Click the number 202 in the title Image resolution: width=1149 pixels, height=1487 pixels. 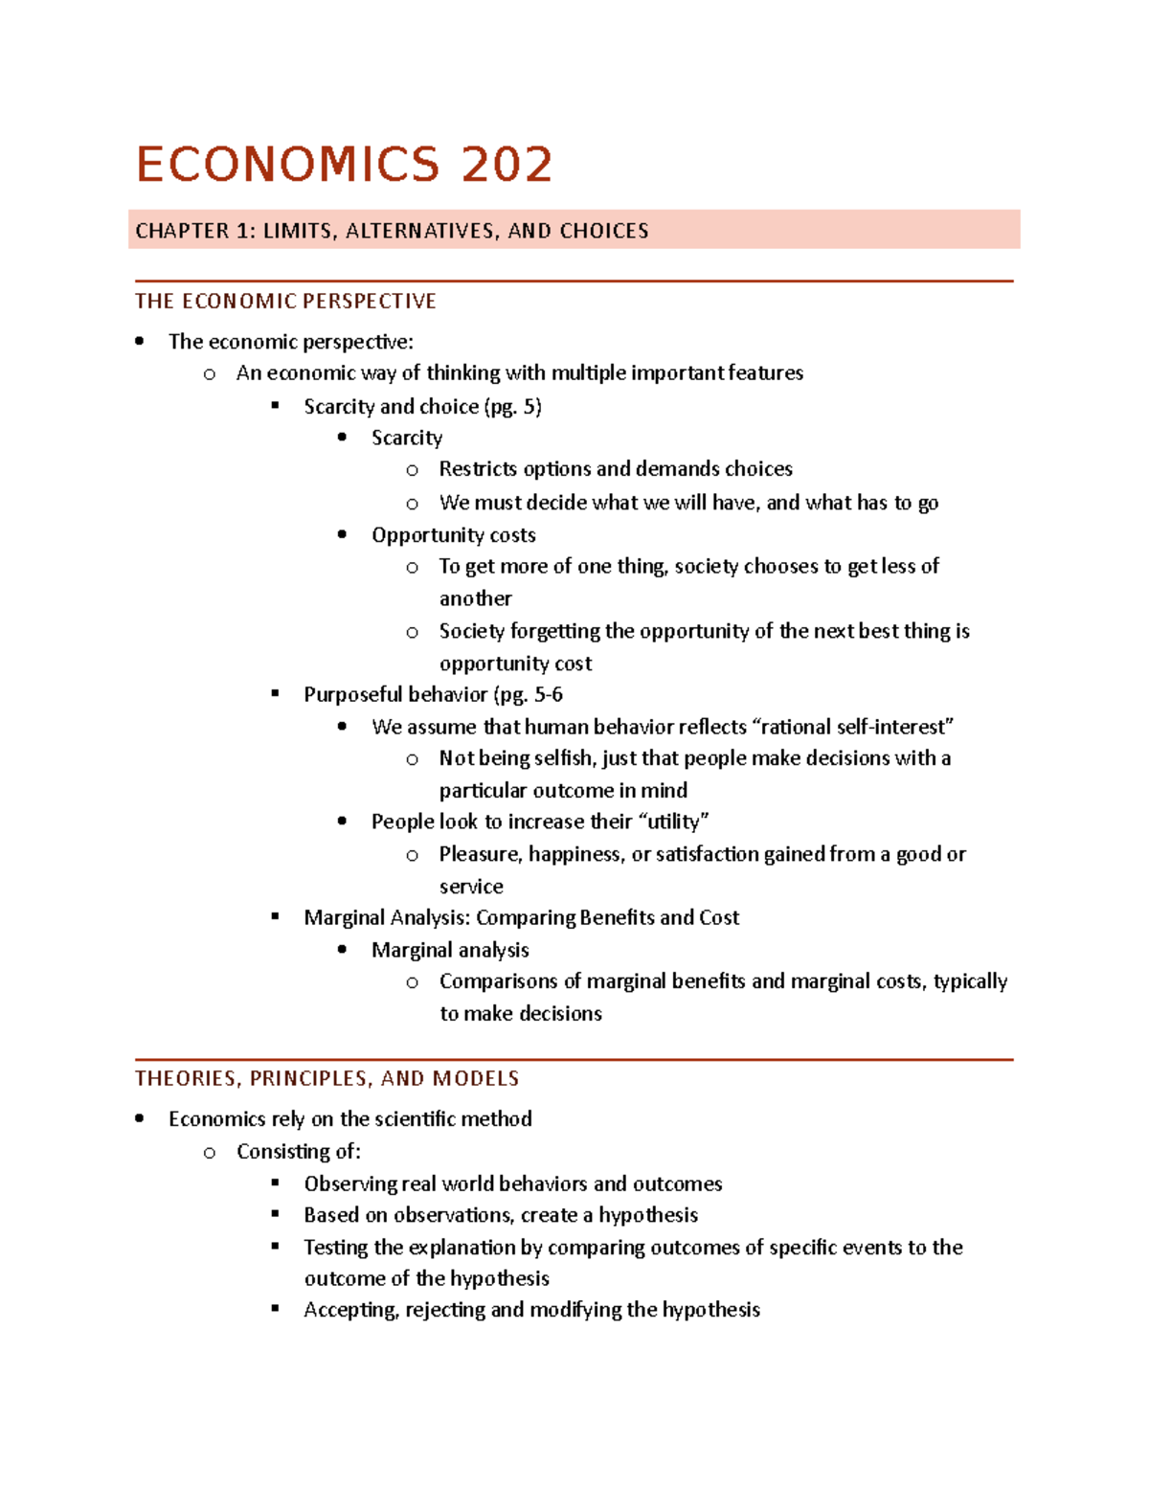507,165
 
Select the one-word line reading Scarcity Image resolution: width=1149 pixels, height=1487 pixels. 407,439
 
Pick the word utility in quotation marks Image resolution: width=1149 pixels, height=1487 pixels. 674,822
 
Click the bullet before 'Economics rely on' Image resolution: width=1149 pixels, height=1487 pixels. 140,1118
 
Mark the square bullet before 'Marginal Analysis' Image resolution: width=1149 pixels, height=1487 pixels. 276,916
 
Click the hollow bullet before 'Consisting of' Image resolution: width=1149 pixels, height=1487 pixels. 209,1153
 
